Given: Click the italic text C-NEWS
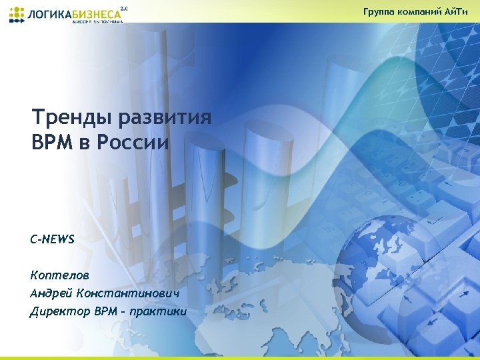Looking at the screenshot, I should [53, 239].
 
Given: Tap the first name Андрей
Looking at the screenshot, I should [51, 293].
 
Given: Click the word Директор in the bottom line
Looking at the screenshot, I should [57, 311].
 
